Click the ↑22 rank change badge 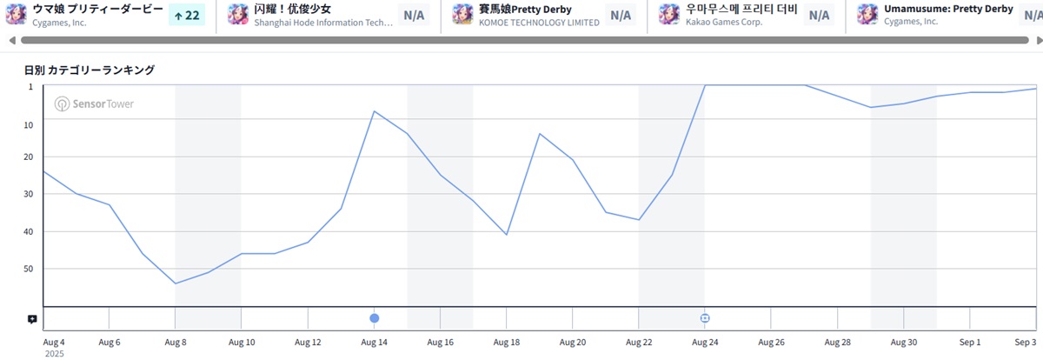[186, 15]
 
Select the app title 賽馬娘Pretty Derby [525, 9]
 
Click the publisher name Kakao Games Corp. [723, 22]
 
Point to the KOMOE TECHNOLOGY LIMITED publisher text [539, 22]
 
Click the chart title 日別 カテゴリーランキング [90, 70]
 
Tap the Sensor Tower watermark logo [95, 104]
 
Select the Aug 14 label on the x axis [374, 343]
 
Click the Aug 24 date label [705, 343]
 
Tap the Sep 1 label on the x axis [970, 343]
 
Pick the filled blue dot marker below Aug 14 [375, 318]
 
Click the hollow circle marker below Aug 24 [705, 318]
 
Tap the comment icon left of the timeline [32, 319]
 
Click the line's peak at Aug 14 [374, 111]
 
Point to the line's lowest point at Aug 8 [176, 283]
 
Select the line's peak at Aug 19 [540, 134]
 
